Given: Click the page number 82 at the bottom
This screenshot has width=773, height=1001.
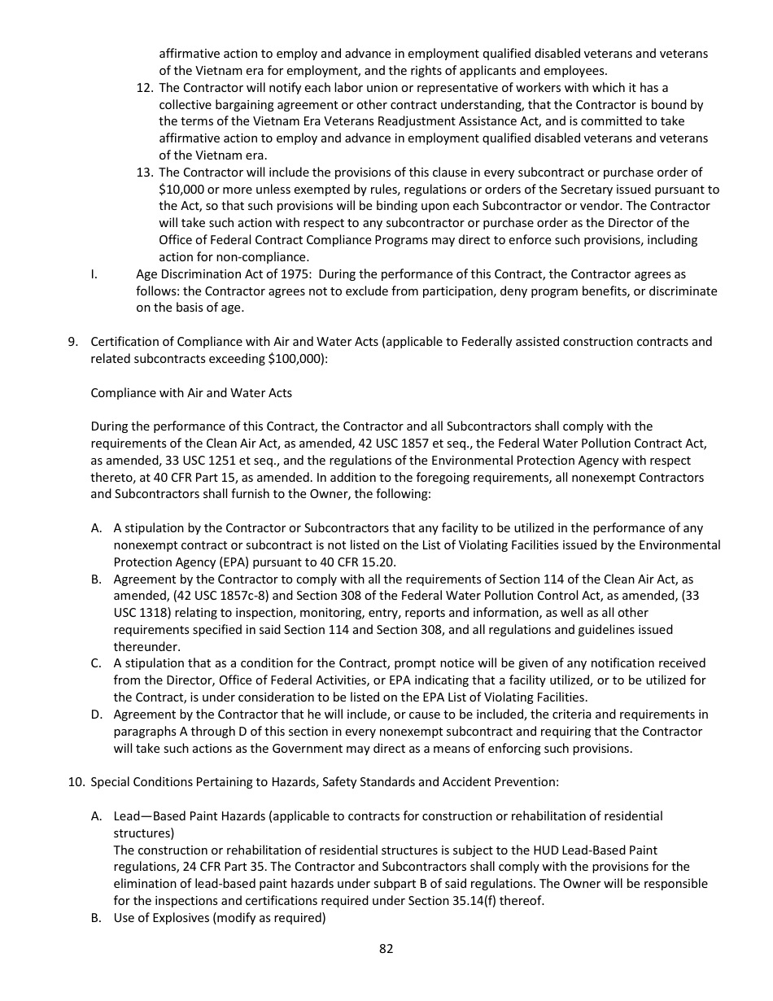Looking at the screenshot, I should tap(386, 948).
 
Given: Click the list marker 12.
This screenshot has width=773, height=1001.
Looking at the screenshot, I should tap(144, 88).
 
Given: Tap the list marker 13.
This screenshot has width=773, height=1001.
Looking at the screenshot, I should tap(144, 173).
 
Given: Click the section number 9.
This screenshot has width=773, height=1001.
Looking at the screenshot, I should tap(72, 342).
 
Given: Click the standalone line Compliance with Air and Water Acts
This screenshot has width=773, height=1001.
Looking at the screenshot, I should tap(191, 393).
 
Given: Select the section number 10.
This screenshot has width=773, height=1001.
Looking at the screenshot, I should tap(75, 782).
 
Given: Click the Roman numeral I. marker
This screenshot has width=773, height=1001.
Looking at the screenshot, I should tap(94, 274).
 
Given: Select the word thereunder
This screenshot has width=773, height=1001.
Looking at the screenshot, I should tap(146, 646).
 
